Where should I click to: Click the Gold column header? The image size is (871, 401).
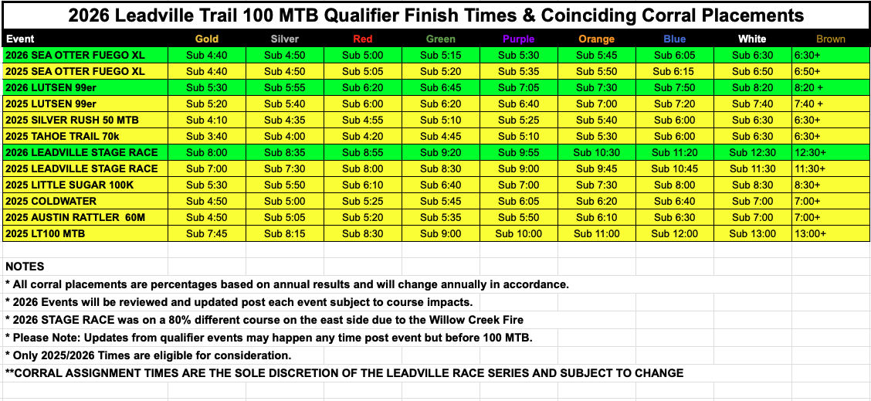tap(207, 39)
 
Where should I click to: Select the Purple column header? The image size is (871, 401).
tap(517, 39)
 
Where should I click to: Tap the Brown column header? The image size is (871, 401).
tap(830, 39)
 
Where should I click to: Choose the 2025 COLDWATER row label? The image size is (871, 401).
tap(51, 201)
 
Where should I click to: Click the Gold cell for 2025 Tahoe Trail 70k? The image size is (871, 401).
tap(207, 136)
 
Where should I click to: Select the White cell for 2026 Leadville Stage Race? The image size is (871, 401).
tap(752, 152)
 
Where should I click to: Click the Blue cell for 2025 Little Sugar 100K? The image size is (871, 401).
tap(674, 185)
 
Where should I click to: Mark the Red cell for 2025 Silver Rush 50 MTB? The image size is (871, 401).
tap(363, 120)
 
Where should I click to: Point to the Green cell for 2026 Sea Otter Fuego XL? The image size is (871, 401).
tap(440, 56)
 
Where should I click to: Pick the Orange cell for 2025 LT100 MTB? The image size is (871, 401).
tap(597, 233)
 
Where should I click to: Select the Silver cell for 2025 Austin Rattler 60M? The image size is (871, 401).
tap(284, 217)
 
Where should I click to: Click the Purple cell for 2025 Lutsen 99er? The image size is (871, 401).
tap(518, 104)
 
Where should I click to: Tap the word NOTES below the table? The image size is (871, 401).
tap(25, 267)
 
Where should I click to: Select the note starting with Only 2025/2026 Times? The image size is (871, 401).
tap(148, 355)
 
